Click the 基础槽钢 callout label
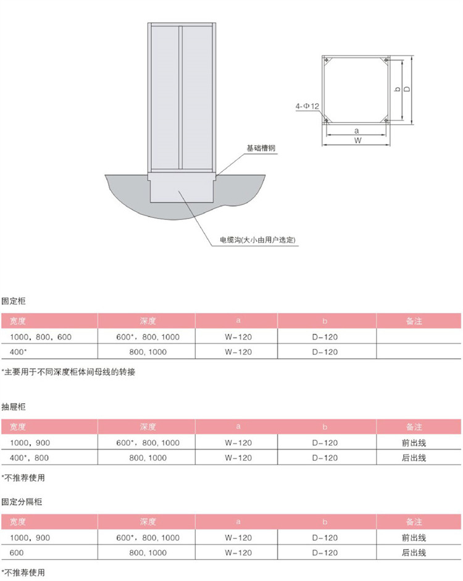[261, 148]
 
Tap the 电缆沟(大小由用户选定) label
[257, 240]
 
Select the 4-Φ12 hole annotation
[307, 106]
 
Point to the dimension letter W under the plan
[357, 140]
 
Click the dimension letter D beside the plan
[407, 89]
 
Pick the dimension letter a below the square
[357, 131]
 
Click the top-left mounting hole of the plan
[326, 60]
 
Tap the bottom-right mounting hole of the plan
[385, 120]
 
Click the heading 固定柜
[14, 301]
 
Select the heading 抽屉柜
[14, 407]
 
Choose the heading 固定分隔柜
[22, 502]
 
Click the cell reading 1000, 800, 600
[40, 337]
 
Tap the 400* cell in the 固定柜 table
[18, 352]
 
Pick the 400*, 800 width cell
[29, 458]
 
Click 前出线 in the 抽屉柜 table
[414, 443]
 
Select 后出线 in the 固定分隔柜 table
[414, 553]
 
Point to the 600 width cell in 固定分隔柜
[16, 553]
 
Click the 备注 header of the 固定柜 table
[414, 321]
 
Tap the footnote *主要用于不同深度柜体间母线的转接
[69, 372]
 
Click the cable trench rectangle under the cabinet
[181, 191]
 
